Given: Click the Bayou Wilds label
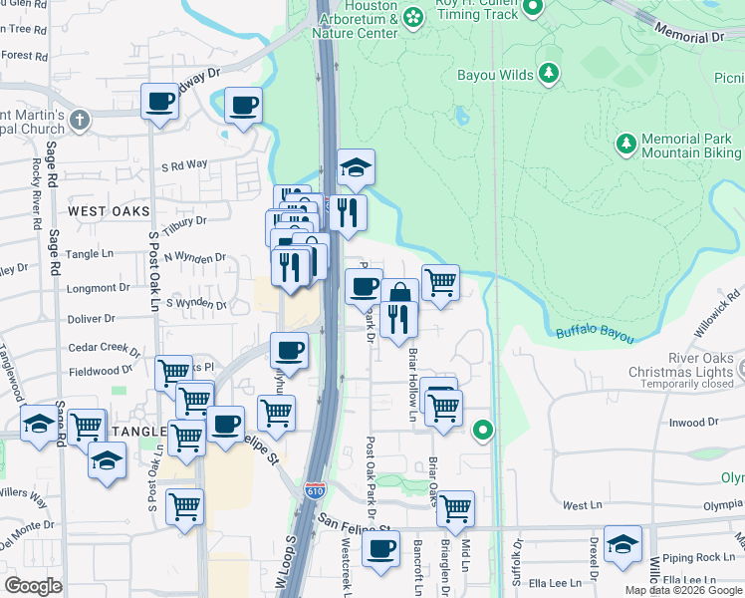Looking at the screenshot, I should tap(494, 74).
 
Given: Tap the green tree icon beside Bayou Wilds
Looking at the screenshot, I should tap(548, 73).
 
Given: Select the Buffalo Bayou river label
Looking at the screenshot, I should tap(594, 334).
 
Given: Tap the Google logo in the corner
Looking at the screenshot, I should tap(33, 585).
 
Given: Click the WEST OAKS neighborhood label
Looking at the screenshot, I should tap(109, 211).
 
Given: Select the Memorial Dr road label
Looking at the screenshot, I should tap(689, 35).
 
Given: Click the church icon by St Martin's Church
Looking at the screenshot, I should tap(81, 121).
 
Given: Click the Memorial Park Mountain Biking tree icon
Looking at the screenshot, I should tap(625, 146).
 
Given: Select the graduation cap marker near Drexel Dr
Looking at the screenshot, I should tap(622, 544).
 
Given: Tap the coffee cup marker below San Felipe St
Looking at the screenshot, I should tap(379, 549).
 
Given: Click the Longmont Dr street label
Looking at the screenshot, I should tap(105, 288).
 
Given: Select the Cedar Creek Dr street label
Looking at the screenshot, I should tap(104, 348).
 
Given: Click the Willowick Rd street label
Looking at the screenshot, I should tap(721, 300).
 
